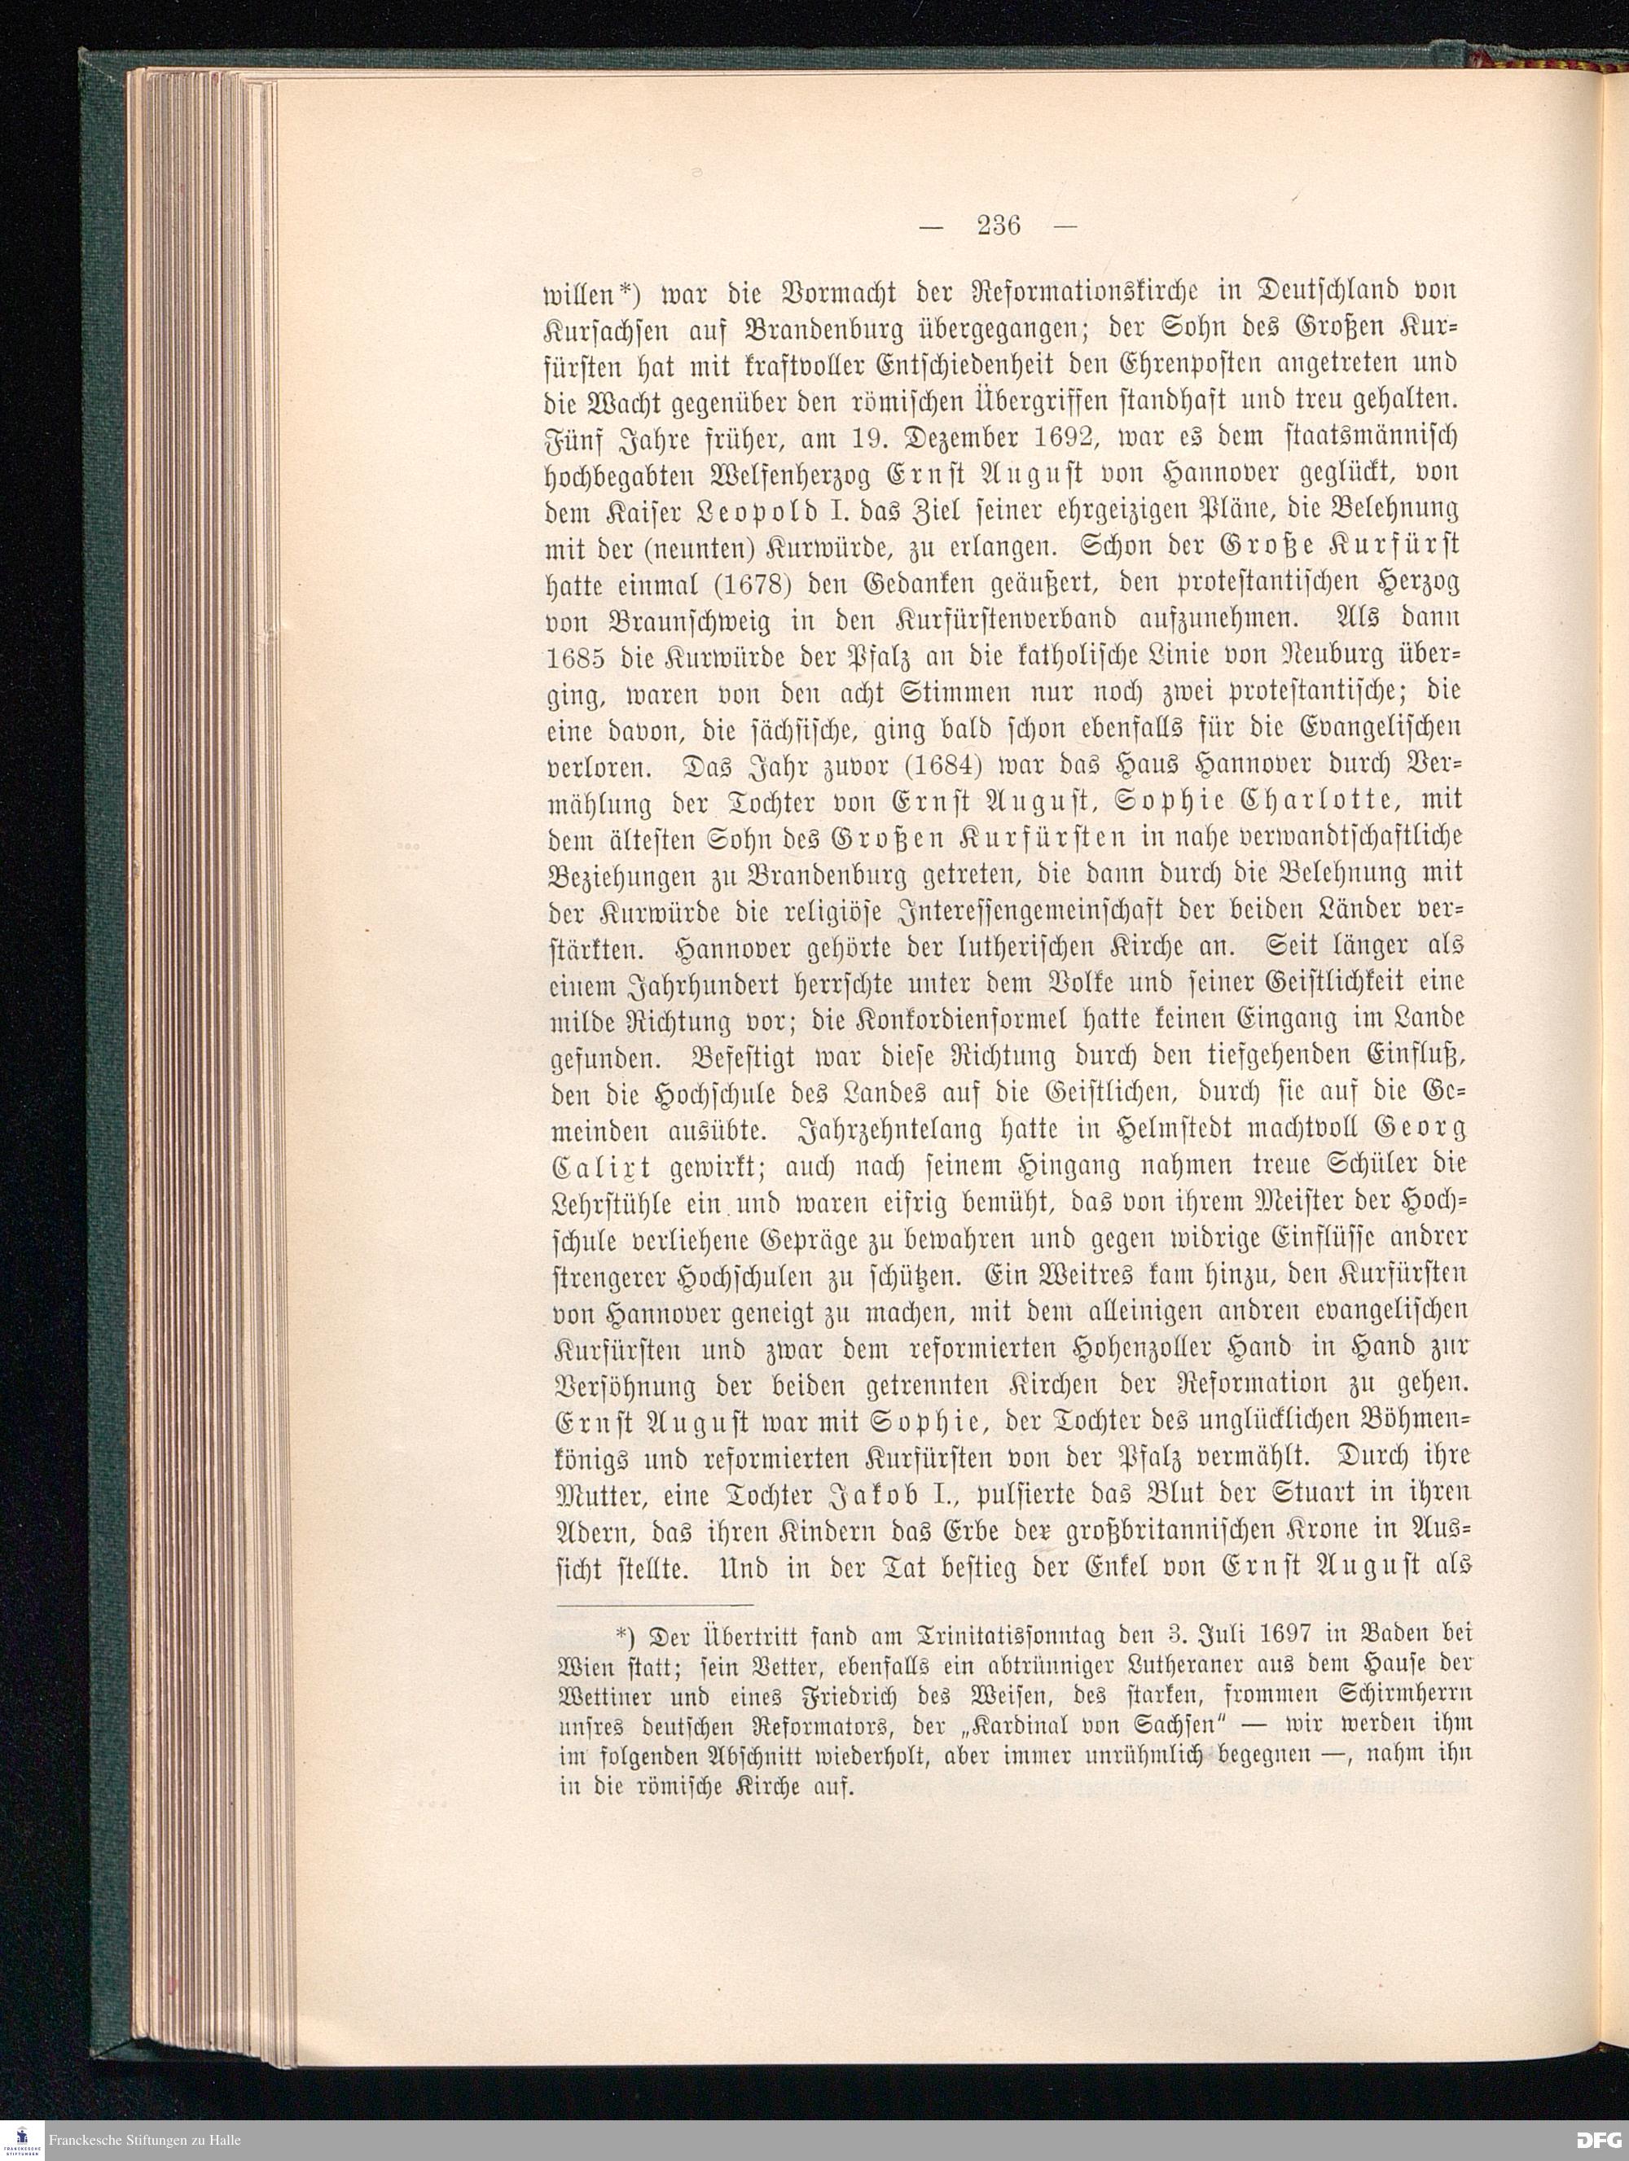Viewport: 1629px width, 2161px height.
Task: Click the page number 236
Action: point(997,226)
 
